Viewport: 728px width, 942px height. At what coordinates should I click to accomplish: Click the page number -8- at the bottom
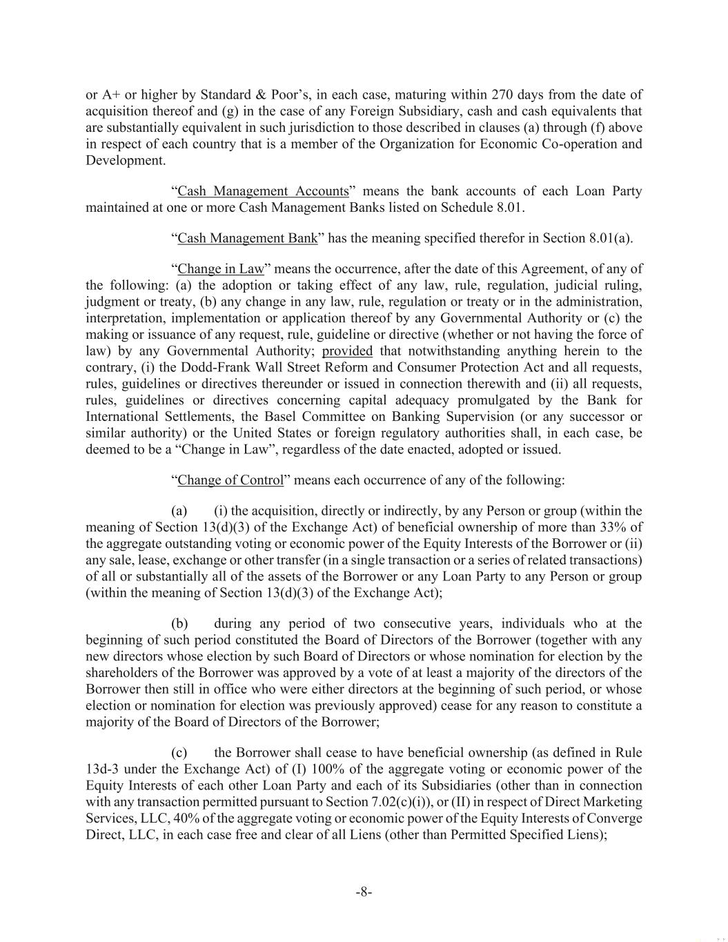(364, 892)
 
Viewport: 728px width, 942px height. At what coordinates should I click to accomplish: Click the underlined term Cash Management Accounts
(263, 191)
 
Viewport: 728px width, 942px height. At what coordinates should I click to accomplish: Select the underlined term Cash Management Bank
(248, 238)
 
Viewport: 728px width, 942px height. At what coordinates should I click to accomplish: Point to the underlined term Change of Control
(230, 480)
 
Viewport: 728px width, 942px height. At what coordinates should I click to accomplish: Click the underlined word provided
(347, 351)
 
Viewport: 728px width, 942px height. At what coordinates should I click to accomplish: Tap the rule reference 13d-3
(104, 769)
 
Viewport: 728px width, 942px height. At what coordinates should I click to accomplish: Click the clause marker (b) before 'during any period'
(180, 623)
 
